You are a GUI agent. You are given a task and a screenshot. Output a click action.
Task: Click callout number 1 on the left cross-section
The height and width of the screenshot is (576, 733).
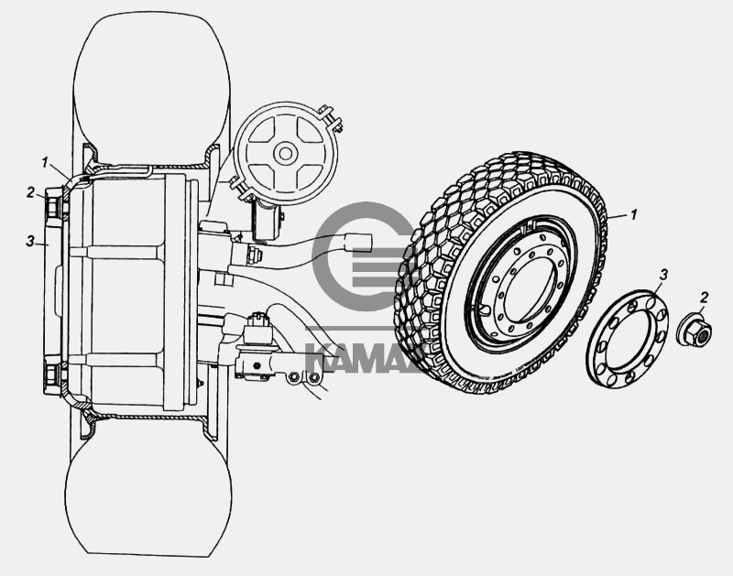click(43, 161)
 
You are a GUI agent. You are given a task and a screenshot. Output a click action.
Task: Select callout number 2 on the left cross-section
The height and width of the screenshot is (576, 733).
click(30, 192)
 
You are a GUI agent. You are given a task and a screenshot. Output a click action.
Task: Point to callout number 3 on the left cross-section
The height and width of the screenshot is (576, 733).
click(30, 242)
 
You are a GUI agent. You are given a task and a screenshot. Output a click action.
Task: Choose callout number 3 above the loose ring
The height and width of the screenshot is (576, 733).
click(664, 274)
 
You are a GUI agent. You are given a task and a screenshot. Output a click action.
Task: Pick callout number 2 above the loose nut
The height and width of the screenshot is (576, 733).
click(704, 296)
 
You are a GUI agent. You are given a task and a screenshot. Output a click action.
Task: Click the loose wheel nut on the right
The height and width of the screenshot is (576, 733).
click(694, 331)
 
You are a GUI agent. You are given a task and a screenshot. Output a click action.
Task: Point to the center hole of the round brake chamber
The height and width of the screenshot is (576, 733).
click(285, 152)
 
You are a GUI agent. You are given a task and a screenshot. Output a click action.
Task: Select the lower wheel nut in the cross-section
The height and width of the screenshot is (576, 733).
click(53, 375)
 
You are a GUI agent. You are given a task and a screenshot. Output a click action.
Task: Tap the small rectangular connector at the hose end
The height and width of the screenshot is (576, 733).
click(361, 241)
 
